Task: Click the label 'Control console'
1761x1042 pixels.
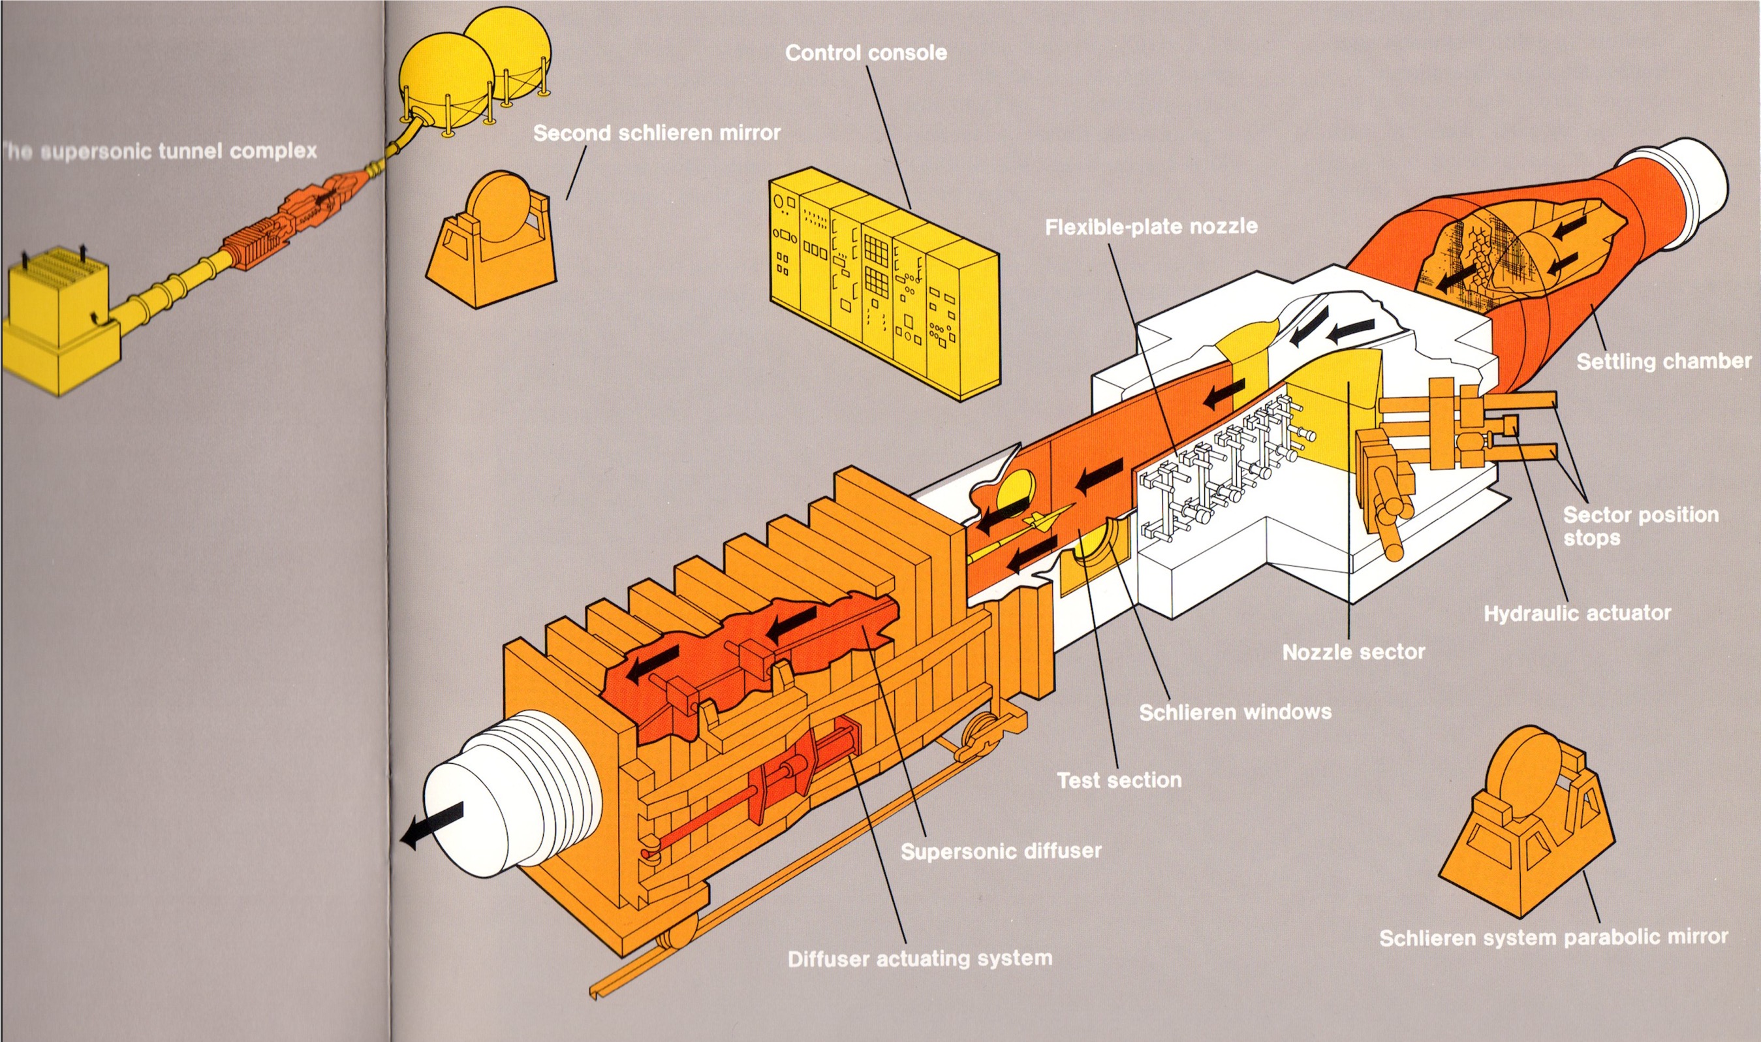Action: (865, 53)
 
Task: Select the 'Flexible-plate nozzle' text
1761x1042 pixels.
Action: (1151, 227)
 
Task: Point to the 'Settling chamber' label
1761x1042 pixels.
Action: (1664, 362)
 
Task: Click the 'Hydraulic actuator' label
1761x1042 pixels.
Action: (1576, 614)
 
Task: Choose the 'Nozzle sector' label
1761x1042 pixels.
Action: (1353, 652)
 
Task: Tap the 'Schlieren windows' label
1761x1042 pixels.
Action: (1235, 713)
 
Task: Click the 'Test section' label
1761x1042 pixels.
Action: (1119, 780)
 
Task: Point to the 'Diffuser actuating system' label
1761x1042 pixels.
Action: (920, 958)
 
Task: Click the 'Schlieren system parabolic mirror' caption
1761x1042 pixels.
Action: (1553, 938)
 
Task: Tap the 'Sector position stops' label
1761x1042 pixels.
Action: (1640, 526)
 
